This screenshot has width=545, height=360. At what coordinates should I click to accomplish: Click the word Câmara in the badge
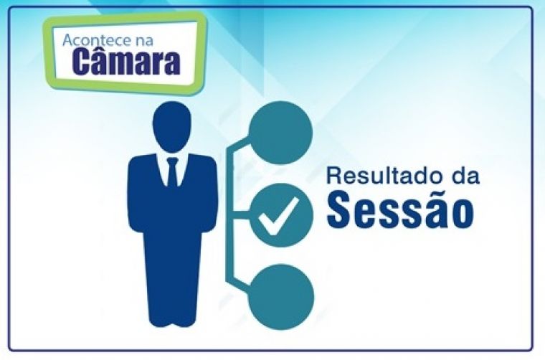click(126, 61)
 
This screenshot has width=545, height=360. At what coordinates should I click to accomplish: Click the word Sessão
click(399, 209)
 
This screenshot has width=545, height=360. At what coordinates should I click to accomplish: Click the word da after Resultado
click(465, 176)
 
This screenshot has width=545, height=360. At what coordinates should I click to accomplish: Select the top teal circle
click(281, 133)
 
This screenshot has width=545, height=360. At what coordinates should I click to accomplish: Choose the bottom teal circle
click(281, 297)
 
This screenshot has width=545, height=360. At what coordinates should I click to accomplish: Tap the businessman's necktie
click(172, 172)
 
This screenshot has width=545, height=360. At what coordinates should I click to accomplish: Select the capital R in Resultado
click(334, 176)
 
